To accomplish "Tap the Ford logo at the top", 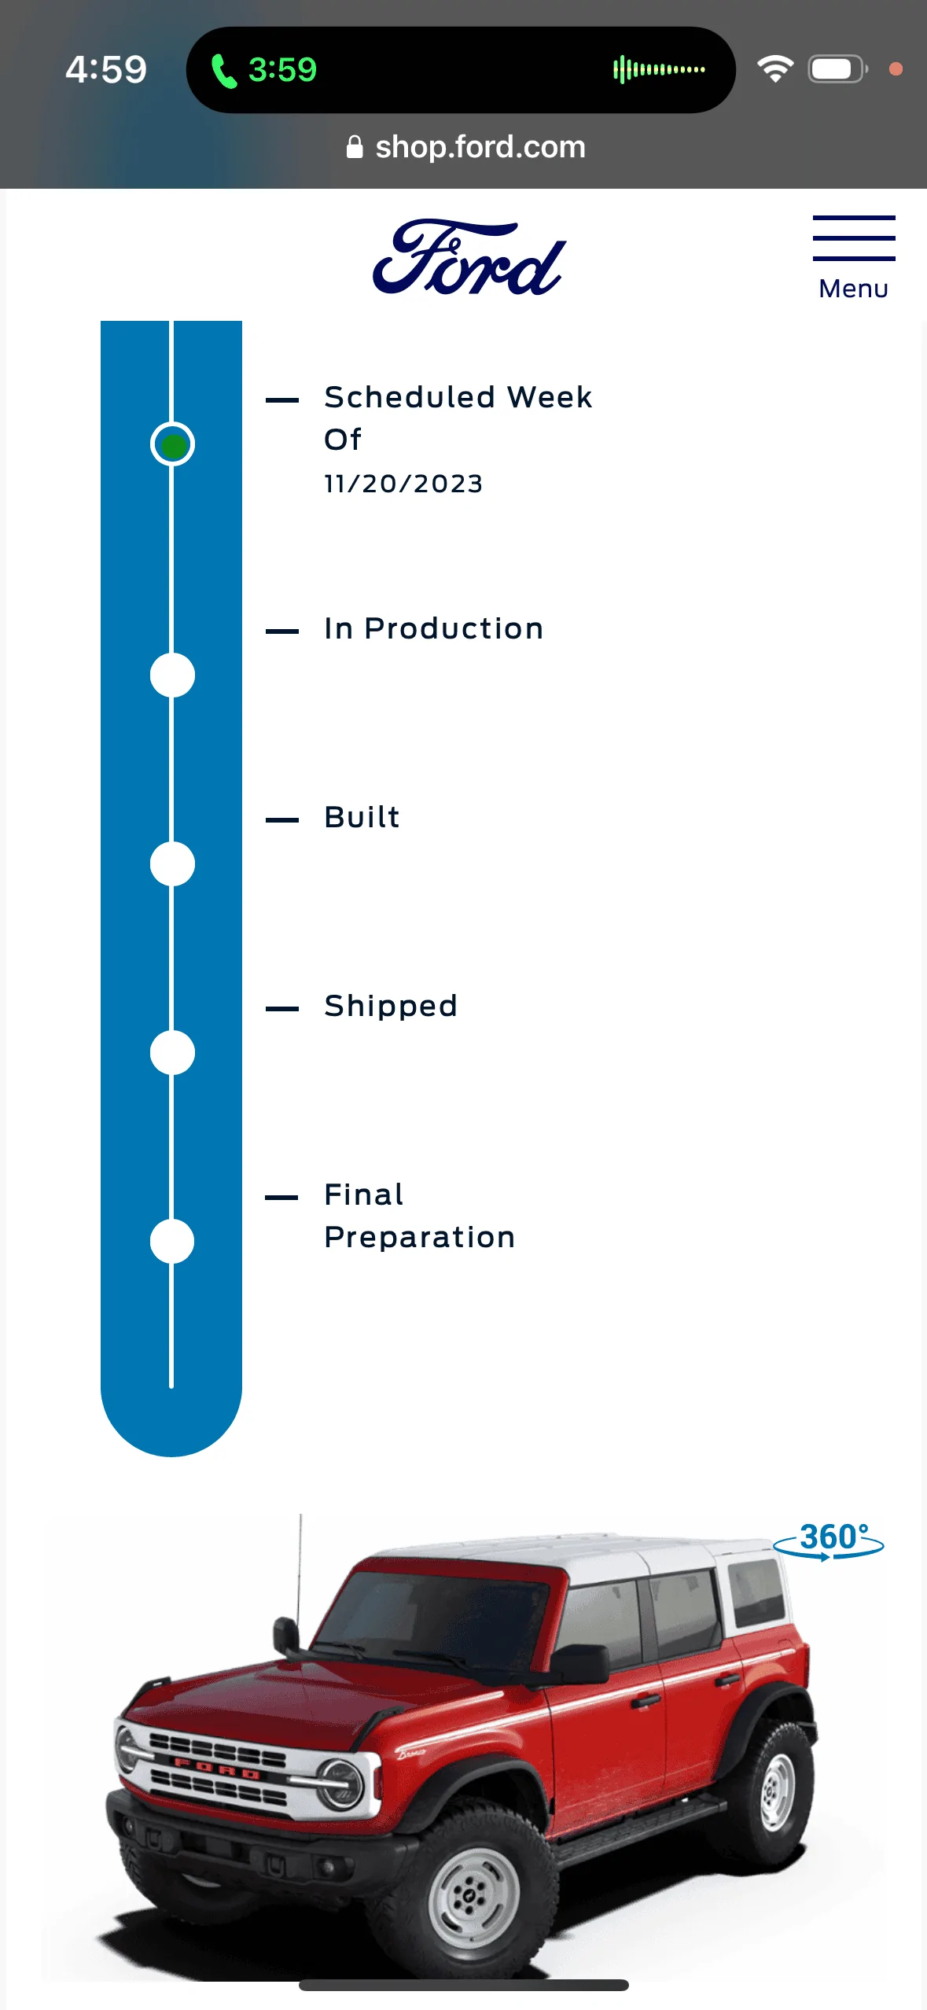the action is tap(469, 257).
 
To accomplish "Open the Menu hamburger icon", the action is tap(854, 237).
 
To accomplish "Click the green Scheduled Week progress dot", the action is tap(173, 444).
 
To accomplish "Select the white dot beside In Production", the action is tap(173, 675).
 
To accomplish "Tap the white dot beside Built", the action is tap(173, 863).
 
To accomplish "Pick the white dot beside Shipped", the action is tap(173, 1052).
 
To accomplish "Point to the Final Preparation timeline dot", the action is tap(173, 1241).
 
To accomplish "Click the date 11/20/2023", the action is tap(403, 484).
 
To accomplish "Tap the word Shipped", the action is tap(391, 1007).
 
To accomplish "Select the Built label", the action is tap(362, 817).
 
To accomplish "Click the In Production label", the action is tap(434, 628).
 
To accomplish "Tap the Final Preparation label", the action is tap(420, 1216).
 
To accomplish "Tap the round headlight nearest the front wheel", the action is tap(340, 1783).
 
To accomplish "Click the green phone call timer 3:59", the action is tap(282, 70).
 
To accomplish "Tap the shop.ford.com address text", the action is tap(480, 147).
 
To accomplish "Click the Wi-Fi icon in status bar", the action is tap(775, 69).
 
